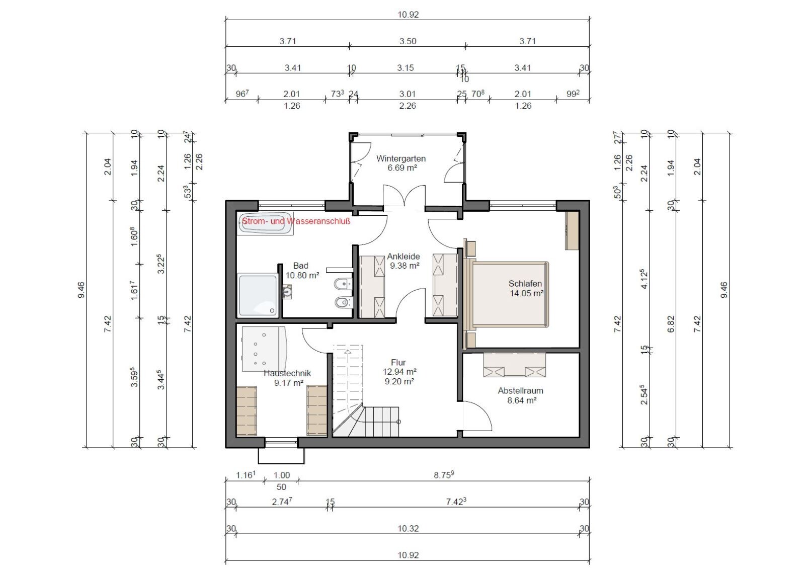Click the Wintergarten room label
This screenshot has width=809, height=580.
[401, 158]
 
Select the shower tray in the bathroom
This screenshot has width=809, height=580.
[258, 295]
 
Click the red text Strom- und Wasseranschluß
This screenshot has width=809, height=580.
[296, 221]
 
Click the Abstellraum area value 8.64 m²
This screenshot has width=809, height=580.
[522, 400]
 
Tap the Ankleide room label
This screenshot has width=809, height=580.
[403, 257]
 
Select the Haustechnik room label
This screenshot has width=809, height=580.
[287, 373]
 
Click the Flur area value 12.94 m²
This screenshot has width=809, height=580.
[399, 372]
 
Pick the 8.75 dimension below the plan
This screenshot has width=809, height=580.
[444, 475]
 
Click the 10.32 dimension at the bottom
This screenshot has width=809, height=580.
[408, 529]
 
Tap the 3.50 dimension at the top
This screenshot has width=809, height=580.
[408, 41]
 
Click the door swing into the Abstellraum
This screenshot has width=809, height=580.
[477, 416]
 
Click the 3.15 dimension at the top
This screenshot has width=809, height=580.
[405, 68]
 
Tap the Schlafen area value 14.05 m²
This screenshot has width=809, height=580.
[527, 293]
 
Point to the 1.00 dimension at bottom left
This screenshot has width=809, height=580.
[282, 475]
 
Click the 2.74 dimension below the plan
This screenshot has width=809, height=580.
[282, 502]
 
